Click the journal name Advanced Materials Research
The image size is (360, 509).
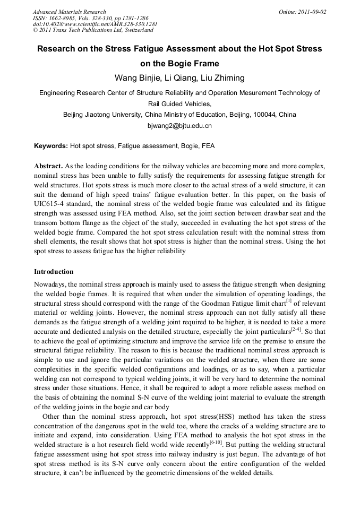(70, 12)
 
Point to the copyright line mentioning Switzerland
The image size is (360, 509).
(93, 30)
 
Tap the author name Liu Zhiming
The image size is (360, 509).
(225, 78)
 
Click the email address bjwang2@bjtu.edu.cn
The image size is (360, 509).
(179, 126)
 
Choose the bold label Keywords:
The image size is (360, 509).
(51, 145)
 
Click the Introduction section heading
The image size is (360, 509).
(54, 271)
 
